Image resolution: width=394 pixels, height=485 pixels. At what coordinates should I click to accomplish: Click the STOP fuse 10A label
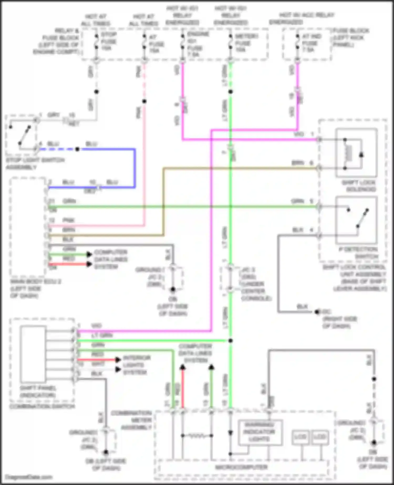108,41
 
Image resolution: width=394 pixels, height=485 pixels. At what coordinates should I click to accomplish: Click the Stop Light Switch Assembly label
35,163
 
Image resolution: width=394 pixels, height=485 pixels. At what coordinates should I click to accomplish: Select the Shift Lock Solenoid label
359,186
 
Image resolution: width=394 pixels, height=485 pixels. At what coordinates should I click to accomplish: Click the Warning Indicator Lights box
260,432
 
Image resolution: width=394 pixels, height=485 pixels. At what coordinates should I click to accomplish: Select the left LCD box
300,437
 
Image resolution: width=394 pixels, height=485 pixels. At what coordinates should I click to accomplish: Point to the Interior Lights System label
136,365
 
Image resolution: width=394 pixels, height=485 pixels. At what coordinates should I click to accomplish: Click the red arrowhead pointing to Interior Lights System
118,359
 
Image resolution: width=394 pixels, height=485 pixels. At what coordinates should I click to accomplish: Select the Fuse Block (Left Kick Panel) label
350,38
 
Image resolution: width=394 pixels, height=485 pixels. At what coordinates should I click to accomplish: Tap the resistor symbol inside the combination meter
197,436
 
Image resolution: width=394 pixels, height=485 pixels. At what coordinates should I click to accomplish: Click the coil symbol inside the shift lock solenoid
349,153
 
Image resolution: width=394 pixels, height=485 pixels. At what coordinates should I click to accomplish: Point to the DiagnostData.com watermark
29,477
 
